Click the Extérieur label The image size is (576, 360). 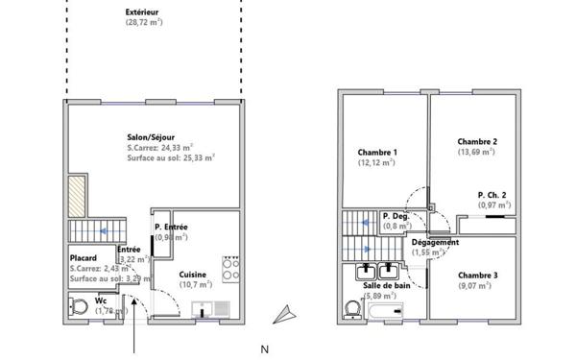pyautogui.click(x=143, y=12)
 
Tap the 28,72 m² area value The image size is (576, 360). pyautogui.click(x=143, y=22)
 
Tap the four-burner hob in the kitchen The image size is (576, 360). pyautogui.click(x=230, y=269)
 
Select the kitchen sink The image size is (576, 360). pyautogui.click(x=209, y=309)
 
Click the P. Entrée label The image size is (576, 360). pyautogui.click(x=171, y=227)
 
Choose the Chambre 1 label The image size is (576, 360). pyautogui.click(x=377, y=153)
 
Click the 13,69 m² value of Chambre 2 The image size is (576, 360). pyautogui.click(x=476, y=151)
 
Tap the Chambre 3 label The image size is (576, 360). pyautogui.click(x=476, y=276)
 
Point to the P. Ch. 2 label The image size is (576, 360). pyautogui.click(x=494, y=196)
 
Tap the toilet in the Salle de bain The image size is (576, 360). pyautogui.click(x=351, y=309)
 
